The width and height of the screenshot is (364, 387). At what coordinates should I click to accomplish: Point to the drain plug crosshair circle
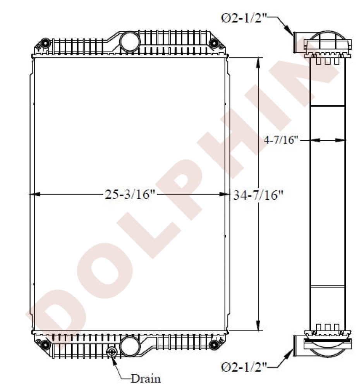(x=112, y=352)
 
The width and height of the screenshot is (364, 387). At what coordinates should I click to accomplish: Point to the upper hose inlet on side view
(x=298, y=42)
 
